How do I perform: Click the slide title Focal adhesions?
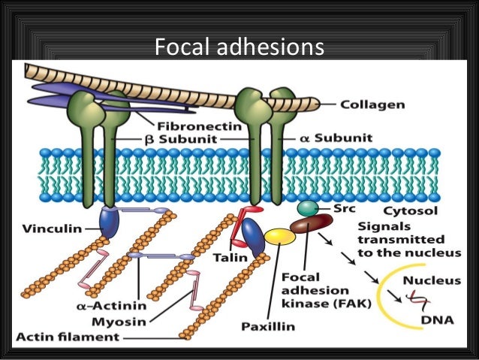(239, 48)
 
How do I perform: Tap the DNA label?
(432, 322)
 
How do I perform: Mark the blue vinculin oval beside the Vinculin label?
(110, 224)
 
